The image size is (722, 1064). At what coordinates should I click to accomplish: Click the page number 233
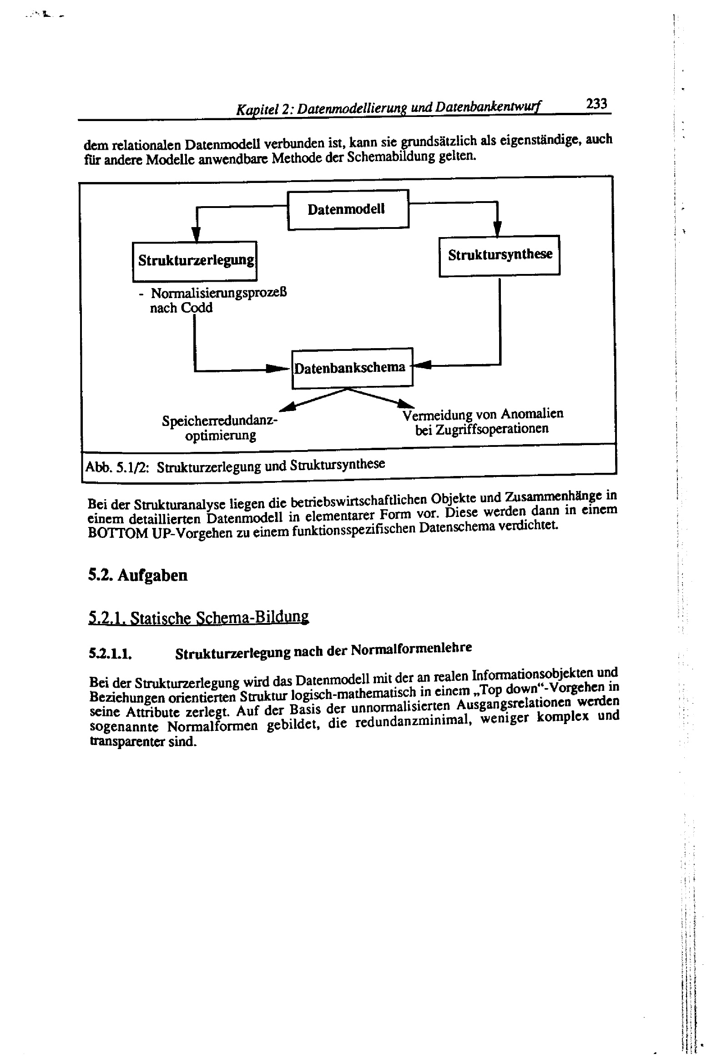point(596,104)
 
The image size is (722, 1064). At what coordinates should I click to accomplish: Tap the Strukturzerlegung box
point(195,260)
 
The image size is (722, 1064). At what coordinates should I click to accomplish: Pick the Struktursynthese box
point(500,255)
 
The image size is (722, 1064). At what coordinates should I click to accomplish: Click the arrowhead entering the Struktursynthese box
point(497,228)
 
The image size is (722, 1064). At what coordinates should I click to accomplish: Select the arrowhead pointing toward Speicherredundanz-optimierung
point(287,406)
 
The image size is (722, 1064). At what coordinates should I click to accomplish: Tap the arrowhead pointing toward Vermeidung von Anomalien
point(406,404)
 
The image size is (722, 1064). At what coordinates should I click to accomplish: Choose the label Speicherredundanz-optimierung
point(220,428)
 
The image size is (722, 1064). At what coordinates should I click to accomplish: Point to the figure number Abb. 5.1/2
point(117,467)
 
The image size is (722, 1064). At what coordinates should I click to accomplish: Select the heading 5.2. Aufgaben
point(138,575)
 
